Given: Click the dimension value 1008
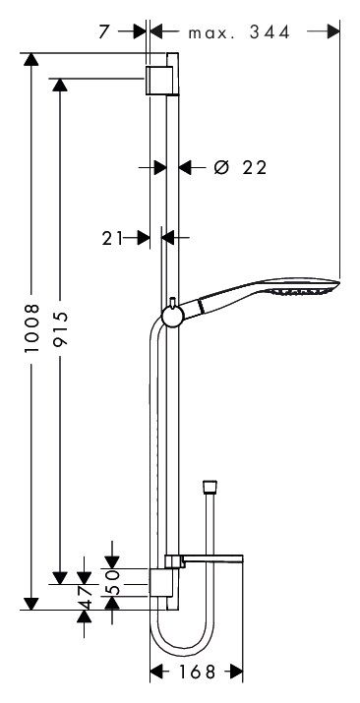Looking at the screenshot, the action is click(x=32, y=327).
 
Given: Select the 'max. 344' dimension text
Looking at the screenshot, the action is click(x=239, y=32).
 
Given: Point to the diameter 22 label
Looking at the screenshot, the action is click(x=240, y=168).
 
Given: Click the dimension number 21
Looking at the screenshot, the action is click(x=112, y=239).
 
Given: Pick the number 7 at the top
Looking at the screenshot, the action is click(x=104, y=32).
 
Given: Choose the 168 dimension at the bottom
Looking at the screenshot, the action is click(x=198, y=672).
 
